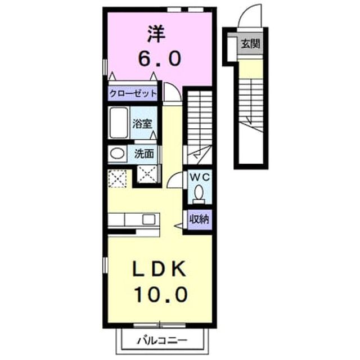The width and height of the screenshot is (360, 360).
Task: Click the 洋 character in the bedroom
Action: coord(156,34)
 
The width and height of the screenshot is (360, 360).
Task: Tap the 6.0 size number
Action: coord(159,58)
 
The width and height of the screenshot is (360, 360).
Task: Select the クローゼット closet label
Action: coord(133,93)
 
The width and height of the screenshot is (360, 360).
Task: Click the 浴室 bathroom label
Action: coord(142,124)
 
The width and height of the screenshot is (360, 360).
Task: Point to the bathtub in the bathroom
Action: coord(119,123)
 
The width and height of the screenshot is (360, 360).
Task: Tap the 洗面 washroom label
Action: coord(144,154)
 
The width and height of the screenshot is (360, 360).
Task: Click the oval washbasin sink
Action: coord(118,154)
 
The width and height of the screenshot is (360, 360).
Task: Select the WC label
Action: coord(200,177)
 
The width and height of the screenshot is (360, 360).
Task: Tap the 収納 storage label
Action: coord(199,219)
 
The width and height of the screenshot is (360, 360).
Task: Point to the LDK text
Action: coord(159,269)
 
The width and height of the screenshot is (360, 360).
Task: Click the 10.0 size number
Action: coord(161,295)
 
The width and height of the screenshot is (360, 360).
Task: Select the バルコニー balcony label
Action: coord(163,340)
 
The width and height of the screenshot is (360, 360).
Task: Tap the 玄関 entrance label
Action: coord(250,43)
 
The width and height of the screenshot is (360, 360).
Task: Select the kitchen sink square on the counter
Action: coord(148,219)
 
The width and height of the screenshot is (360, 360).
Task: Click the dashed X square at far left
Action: coord(118,179)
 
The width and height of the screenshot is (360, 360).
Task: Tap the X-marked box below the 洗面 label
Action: coord(147,174)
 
